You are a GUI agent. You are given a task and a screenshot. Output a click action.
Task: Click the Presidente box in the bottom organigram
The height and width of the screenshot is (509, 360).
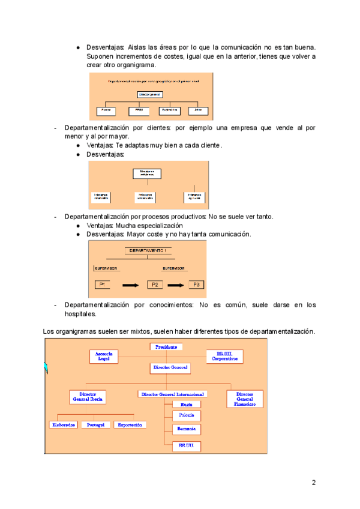pos(166,347)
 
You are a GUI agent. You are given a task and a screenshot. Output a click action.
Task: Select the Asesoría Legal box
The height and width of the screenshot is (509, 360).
pos(104,356)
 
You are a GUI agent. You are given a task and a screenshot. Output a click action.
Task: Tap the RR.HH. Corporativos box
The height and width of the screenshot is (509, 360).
pos(224,356)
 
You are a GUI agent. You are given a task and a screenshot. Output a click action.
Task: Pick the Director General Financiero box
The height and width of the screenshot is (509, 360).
pos(245,399)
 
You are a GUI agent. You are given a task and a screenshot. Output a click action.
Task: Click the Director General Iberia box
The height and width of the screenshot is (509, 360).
pos(88,397)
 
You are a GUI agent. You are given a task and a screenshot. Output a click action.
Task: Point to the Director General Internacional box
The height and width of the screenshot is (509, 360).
pos(173,394)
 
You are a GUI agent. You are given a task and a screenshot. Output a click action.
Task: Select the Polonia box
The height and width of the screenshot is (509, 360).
pos(186,415)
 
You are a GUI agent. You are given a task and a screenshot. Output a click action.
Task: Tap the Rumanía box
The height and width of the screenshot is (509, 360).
pos(186,429)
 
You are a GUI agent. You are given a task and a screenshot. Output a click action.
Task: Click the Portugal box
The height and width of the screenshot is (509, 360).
pos(96,424)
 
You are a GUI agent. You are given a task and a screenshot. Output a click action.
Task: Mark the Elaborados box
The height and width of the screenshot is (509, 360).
pos(64,424)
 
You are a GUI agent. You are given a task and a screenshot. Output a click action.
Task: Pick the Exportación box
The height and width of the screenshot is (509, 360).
pos(130,424)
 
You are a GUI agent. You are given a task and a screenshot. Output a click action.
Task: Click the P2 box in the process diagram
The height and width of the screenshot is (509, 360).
pos(155,285)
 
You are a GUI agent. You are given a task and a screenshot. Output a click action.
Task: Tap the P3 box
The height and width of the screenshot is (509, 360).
pos(196,285)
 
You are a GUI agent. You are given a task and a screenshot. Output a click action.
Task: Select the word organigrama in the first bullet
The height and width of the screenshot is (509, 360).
pos(136,65)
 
